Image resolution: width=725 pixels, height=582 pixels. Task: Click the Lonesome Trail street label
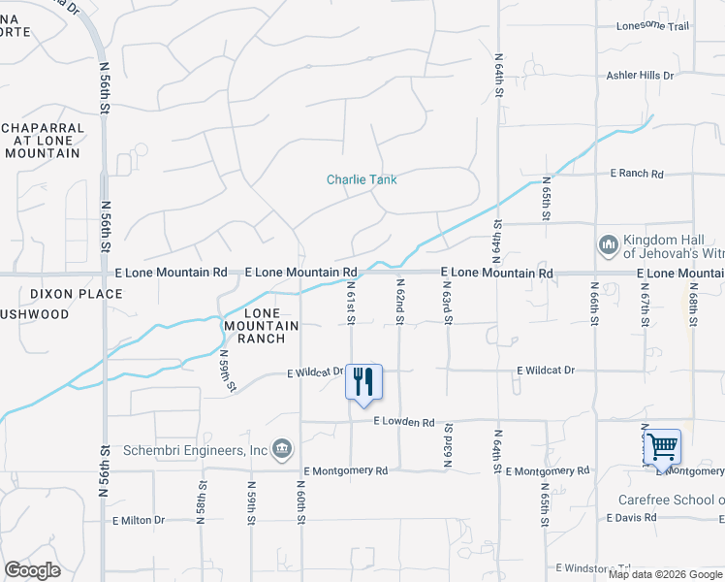click(652, 26)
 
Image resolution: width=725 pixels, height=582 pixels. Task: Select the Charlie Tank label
click(362, 179)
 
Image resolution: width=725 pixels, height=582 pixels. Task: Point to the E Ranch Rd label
click(636, 174)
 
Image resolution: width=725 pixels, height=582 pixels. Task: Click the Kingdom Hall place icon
click(609, 245)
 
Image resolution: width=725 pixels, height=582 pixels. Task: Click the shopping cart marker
click(662, 446)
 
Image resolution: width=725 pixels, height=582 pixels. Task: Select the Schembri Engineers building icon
click(282, 447)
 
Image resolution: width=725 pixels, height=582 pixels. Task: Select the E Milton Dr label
click(138, 520)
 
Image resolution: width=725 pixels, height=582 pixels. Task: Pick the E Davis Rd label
click(631, 517)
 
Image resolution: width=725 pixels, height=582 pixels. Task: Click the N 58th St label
click(202, 502)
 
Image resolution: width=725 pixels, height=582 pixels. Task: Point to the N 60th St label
click(301, 502)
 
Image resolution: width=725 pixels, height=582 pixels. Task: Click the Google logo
click(32, 570)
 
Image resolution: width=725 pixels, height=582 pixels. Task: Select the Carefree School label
click(671, 501)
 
